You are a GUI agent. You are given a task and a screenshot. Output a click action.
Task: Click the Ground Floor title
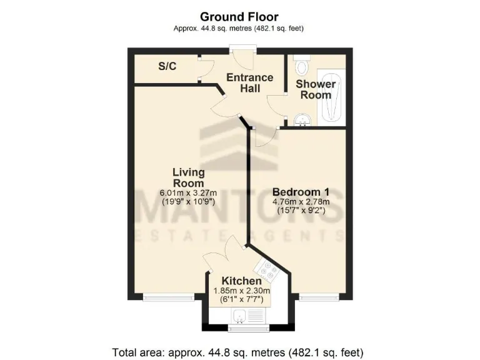coord(239,17)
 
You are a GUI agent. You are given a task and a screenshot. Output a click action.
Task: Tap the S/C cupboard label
coord(166,66)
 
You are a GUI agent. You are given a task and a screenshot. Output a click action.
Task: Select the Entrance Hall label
coord(250,83)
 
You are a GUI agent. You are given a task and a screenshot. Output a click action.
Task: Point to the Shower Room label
coord(316,89)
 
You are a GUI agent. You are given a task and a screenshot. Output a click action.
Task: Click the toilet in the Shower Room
coord(302,66)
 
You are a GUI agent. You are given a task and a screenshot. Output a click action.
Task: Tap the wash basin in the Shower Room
coord(303,119)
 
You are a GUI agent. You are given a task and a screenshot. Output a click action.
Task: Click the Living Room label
coord(188,177)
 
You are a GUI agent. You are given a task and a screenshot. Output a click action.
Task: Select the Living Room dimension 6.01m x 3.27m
coord(188,193)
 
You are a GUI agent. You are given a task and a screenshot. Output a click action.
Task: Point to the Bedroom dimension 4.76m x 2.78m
coord(301,202)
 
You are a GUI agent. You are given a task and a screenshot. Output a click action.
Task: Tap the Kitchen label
coord(241,281)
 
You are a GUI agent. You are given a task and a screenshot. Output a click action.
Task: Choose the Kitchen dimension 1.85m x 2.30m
coord(241,291)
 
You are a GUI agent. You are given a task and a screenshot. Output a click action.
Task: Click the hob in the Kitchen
coord(271,271)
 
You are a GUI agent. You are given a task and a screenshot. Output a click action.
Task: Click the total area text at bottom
coord(237,352)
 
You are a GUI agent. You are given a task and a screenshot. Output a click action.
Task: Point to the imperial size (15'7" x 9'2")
coord(301,211)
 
